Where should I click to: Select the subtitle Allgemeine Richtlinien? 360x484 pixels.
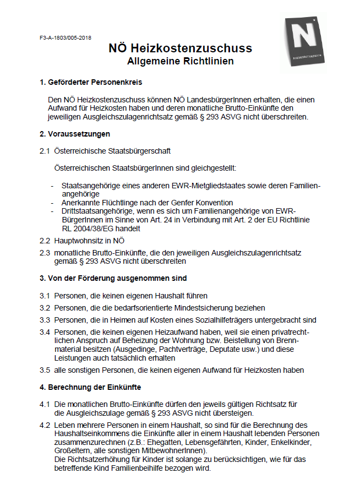point(180,61)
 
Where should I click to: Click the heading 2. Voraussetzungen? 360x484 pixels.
point(75,134)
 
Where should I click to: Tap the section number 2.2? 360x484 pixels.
point(45,241)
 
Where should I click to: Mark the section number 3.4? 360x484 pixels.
point(45,332)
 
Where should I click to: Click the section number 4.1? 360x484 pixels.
point(45,404)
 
